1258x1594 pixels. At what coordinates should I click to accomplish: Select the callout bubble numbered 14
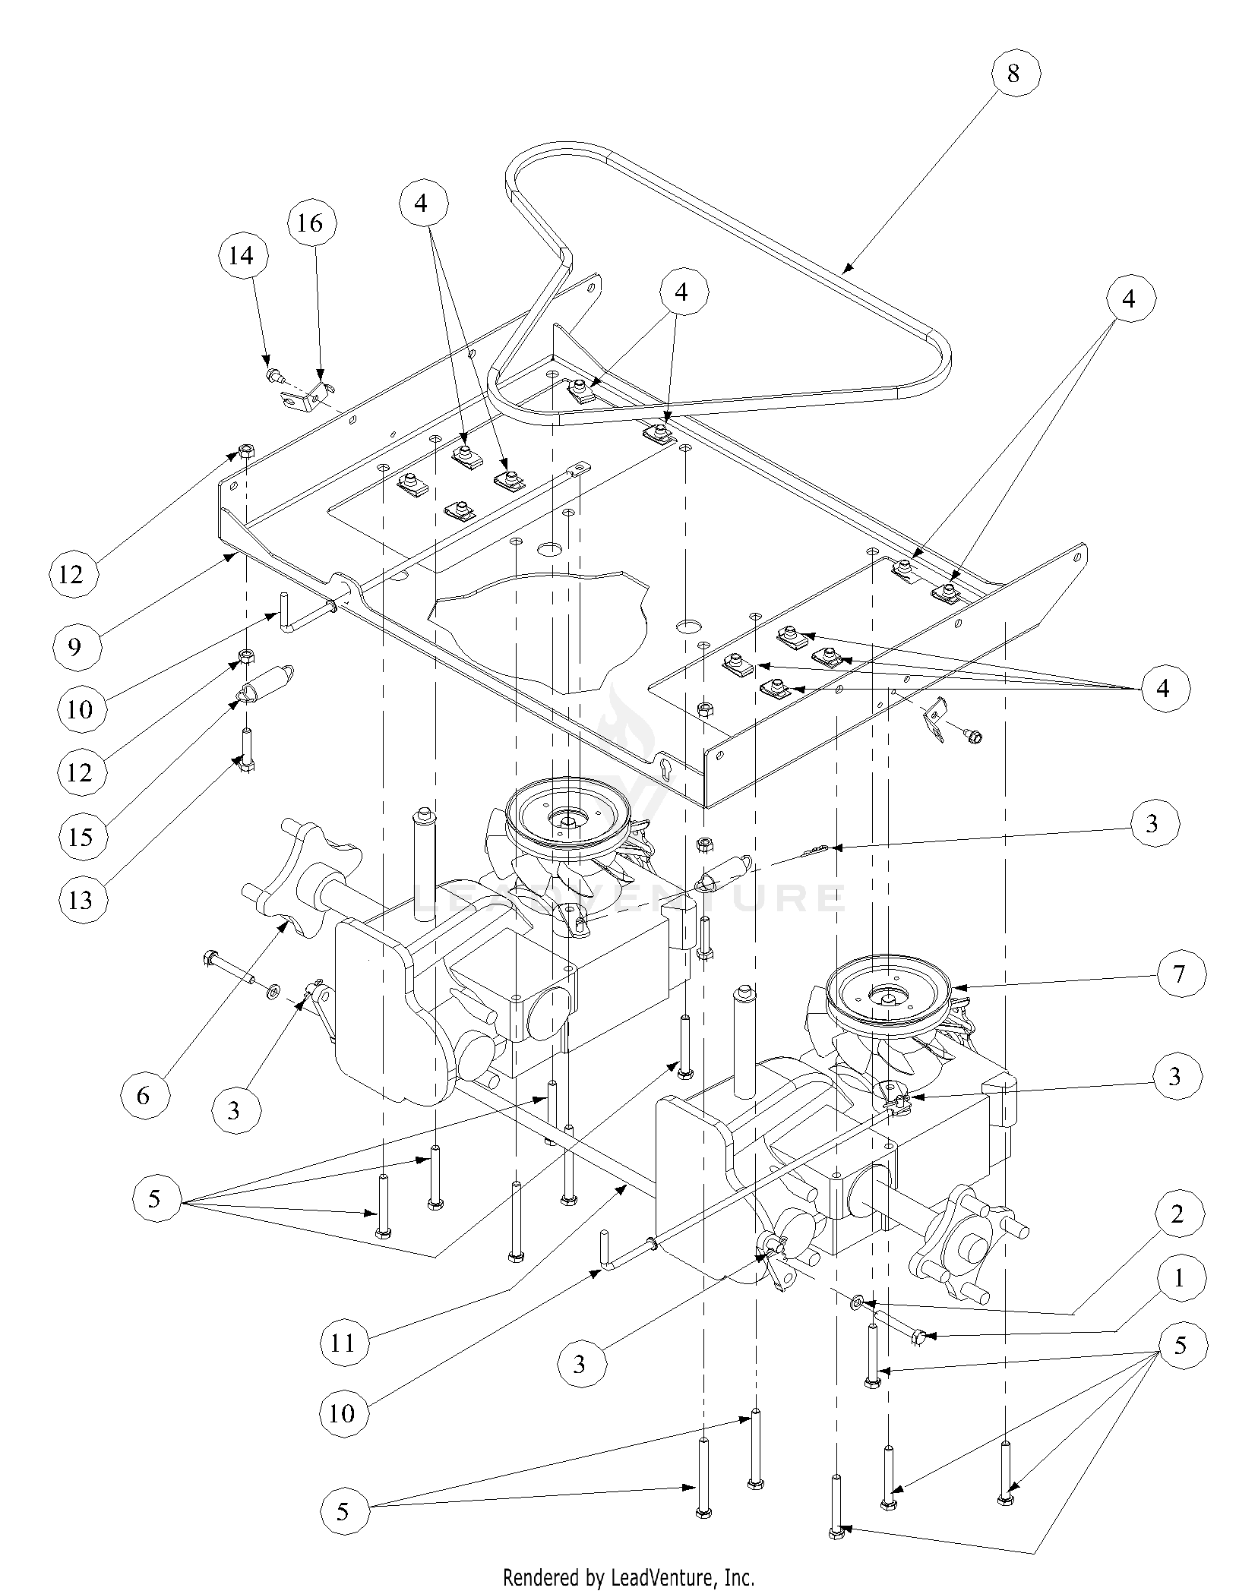pyautogui.click(x=241, y=255)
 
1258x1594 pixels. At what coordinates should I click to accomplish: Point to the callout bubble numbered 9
pyautogui.click(x=74, y=646)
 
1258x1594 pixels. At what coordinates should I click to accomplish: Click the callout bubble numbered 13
pyautogui.click(x=81, y=899)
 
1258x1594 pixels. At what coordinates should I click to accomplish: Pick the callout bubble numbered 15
pyautogui.click(x=81, y=836)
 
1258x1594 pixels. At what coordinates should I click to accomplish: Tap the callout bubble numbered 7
pyautogui.click(x=1178, y=974)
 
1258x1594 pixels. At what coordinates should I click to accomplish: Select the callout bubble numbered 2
pyautogui.click(x=1177, y=1214)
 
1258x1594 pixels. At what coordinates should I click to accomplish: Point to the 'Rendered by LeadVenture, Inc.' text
pyautogui.click(x=629, y=1578)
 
